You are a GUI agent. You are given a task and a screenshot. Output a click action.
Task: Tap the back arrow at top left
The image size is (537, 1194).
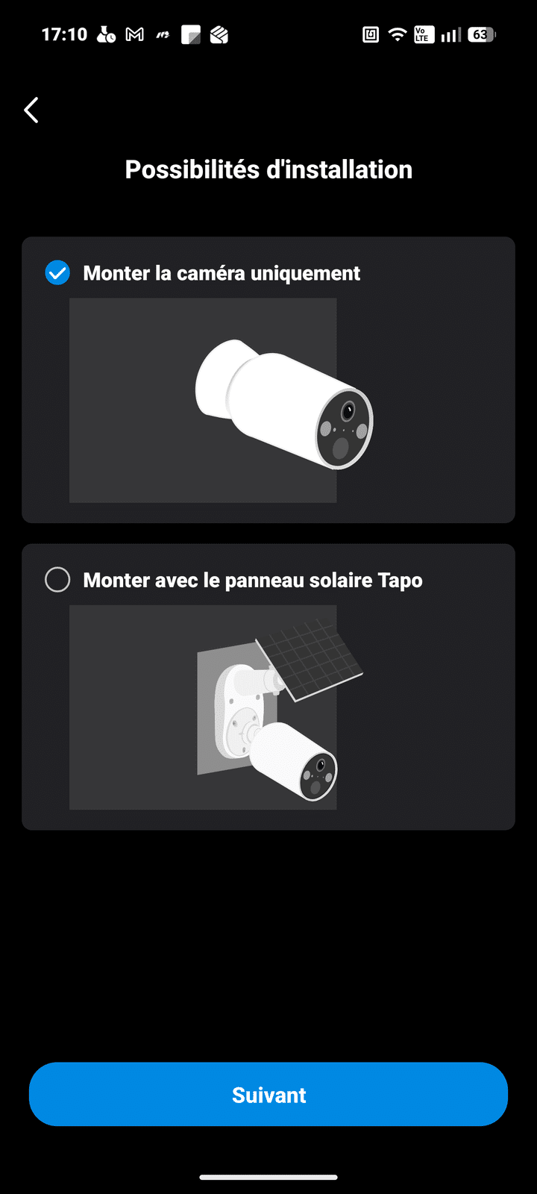(x=31, y=110)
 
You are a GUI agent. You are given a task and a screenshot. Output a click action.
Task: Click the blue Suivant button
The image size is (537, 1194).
(x=268, y=1094)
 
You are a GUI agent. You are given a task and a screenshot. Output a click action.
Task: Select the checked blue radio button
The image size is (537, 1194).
(x=57, y=273)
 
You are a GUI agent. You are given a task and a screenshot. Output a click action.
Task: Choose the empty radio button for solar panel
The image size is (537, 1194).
(x=57, y=579)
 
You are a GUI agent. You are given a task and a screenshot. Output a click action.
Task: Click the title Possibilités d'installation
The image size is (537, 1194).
(x=268, y=169)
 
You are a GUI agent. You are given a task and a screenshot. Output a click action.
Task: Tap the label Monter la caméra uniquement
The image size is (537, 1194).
(x=222, y=273)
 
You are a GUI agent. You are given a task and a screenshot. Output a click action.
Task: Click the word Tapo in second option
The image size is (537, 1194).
(x=400, y=581)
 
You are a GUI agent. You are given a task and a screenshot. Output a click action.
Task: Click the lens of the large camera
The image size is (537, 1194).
(x=348, y=411)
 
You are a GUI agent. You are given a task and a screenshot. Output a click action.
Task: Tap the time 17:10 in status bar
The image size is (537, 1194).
(x=64, y=34)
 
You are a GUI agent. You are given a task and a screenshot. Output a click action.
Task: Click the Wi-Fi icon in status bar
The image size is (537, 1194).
(x=398, y=34)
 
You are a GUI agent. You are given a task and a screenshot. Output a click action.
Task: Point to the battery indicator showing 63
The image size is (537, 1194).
(x=482, y=34)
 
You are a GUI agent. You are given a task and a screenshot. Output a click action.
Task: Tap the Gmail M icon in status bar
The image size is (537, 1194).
(x=135, y=34)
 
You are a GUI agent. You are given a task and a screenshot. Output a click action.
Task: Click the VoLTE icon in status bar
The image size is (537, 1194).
(x=424, y=34)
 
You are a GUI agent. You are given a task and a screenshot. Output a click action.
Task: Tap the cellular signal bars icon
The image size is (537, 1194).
(x=450, y=34)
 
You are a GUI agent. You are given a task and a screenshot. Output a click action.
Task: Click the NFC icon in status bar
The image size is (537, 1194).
(x=371, y=34)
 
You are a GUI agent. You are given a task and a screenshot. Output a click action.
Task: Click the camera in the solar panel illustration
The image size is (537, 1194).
(x=294, y=760)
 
